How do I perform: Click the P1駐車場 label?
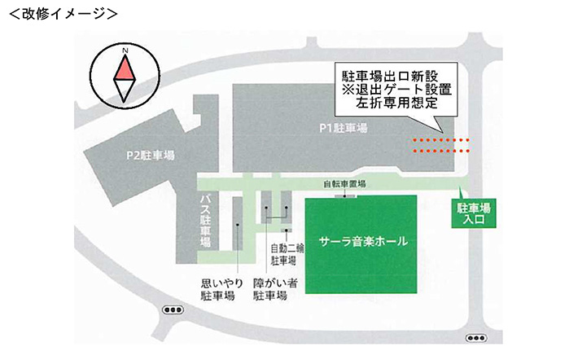pyautogui.click(x=344, y=128)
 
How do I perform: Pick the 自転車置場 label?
pyautogui.click(x=344, y=184)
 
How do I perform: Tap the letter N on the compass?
pyautogui.click(x=125, y=50)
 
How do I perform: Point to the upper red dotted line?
pyautogui.click(x=441, y=140)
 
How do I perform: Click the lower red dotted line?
pyautogui.click(x=441, y=150)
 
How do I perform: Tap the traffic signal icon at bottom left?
pyautogui.click(x=173, y=310)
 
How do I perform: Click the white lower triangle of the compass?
pyautogui.click(x=125, y=91)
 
